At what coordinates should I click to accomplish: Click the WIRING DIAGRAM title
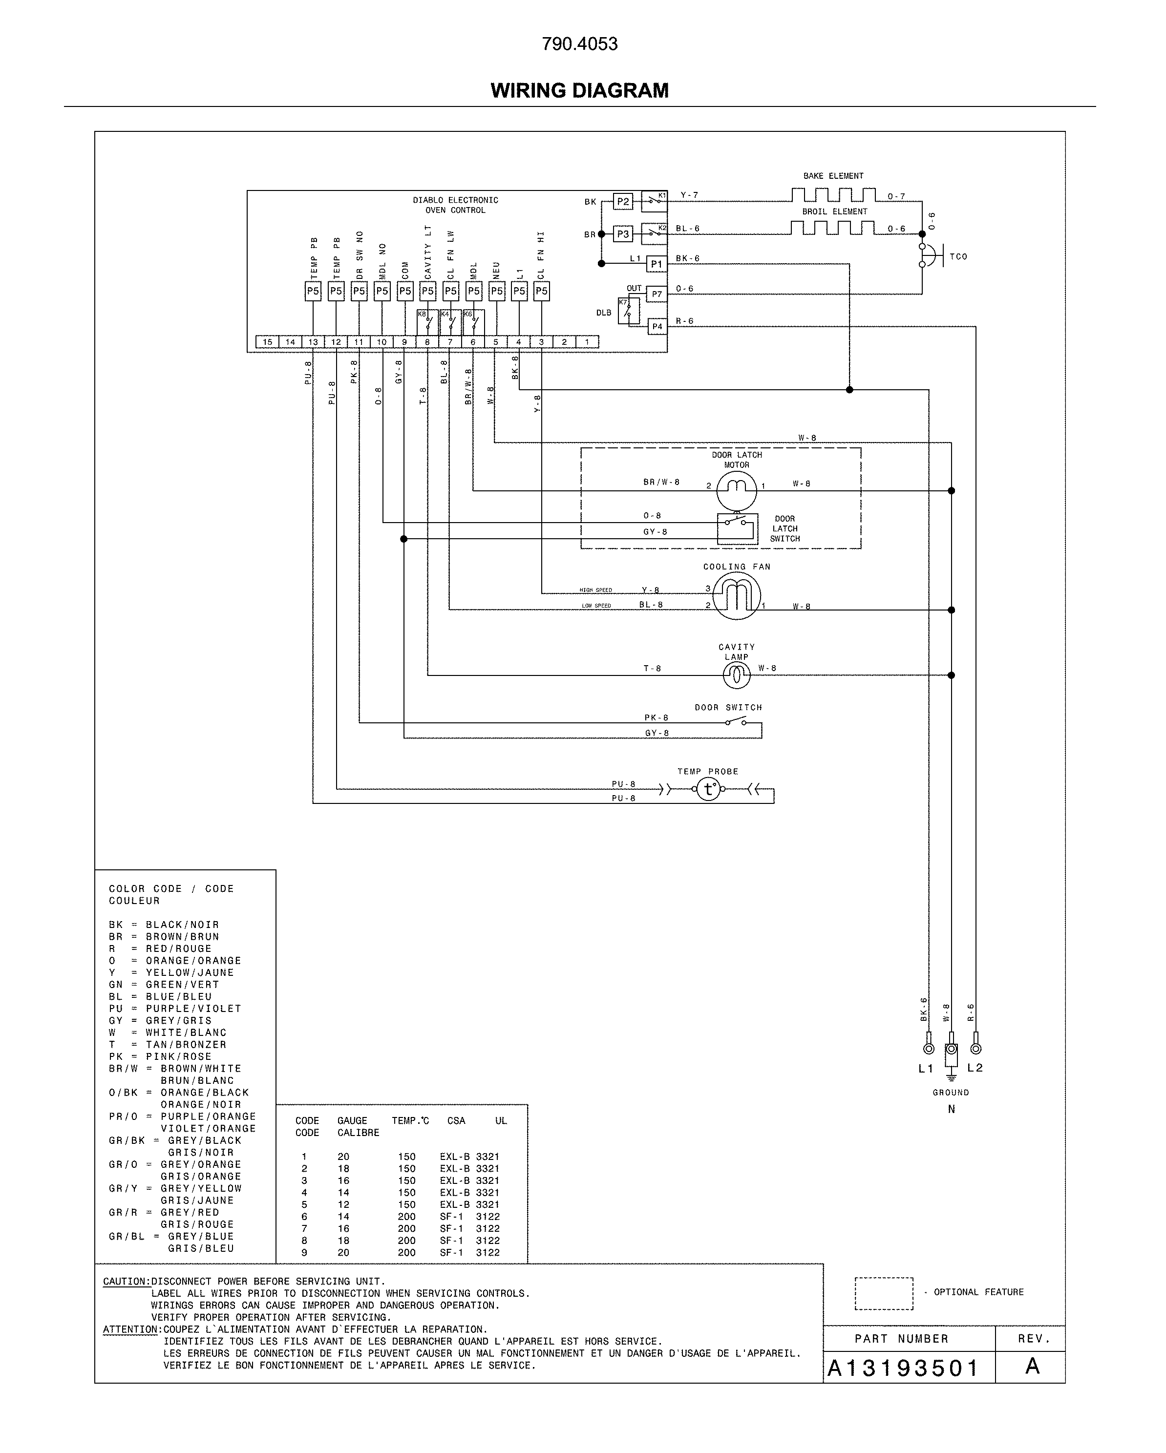point(580,90)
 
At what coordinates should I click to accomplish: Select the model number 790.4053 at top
point(580,44)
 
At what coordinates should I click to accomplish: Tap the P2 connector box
point(623,202)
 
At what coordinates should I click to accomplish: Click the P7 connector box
point(657,295)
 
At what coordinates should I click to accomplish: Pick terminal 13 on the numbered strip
point(313,342)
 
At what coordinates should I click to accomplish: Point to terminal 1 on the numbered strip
point(587,342)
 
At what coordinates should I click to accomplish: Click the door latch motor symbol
point(736,490)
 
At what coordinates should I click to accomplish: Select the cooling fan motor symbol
point(737,596)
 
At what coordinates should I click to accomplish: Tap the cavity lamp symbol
point(737,674)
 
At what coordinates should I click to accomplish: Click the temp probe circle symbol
point(708,789)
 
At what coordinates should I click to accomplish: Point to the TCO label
point(958,257)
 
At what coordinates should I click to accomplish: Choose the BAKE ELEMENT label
point(833,176)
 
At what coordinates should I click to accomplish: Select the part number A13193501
point(903,1368)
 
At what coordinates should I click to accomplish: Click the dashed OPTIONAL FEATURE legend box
point(884,1293)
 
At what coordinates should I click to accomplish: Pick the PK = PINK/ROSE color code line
point(160,1057)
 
